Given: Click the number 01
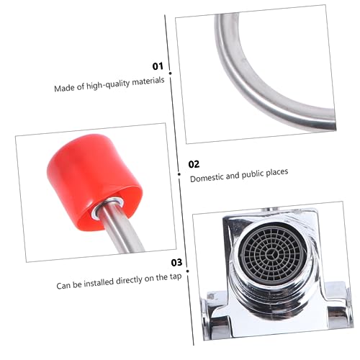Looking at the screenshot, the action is tap(158, 66).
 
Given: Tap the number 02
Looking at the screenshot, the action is tap(194, 164).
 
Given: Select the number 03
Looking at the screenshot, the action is tap(176, 263).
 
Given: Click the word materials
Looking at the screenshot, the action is tap(148, 81).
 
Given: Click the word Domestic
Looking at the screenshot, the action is tap(207, 178).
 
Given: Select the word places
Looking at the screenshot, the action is tap(277, 173).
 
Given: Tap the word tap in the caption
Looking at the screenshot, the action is tap(176, 276).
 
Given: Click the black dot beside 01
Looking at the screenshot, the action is tap(170, 73).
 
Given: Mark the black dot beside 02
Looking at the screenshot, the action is tap(179, 174).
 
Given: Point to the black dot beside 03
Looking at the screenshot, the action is tap(188, 271).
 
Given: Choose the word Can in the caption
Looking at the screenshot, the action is tap(63, 286).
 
